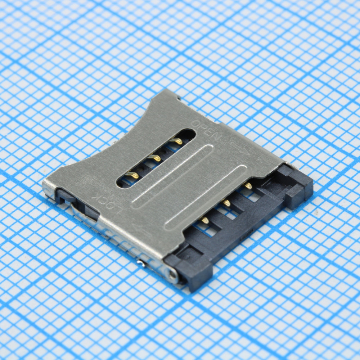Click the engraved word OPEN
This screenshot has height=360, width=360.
pyautogui.click(x=206, y=130)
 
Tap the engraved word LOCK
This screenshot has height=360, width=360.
pyautogui.click(x=108, y=203)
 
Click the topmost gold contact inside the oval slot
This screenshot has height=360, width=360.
pyautogui.click(x=176, y=141)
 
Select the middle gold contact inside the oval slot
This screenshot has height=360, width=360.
pyautogui.click(x=154, y=158)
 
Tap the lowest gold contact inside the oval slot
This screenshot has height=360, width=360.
pyautogui.click(x=132, y=175)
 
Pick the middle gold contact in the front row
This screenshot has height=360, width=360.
pyautogui.click(x=226, y=202)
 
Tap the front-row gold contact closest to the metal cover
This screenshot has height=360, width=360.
pyautogui.click(x=204, y=220)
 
